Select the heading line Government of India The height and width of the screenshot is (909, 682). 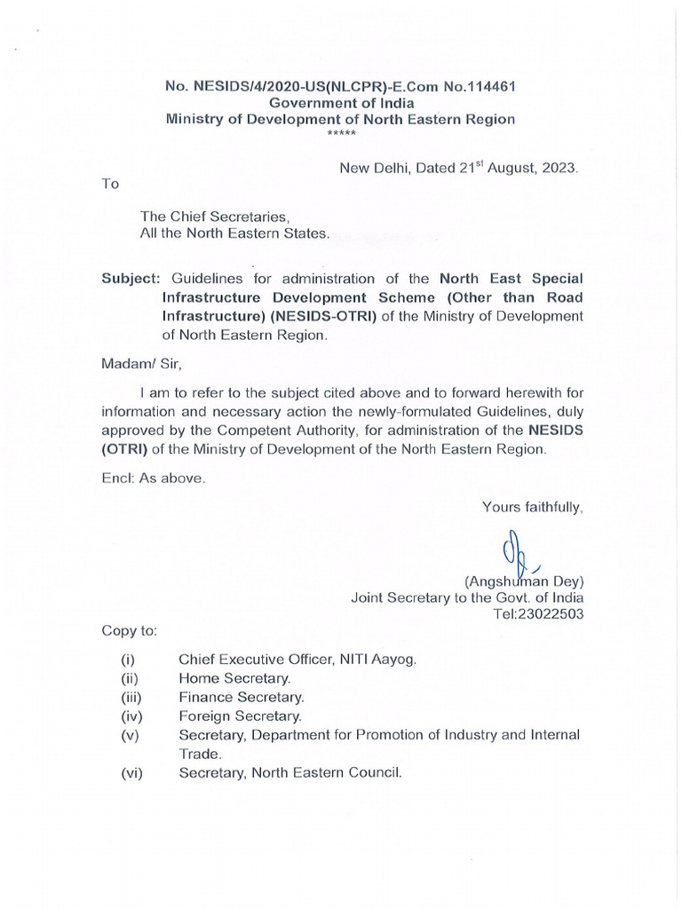(342, 103)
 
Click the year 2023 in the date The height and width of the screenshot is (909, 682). (558, 168)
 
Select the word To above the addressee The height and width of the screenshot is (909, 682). (110, 184)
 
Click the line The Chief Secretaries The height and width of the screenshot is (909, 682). (216, 217)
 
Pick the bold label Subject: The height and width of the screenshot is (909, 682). (130, 278)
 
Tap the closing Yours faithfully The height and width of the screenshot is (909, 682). (532, 507)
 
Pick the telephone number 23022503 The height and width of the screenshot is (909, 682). (551, 614)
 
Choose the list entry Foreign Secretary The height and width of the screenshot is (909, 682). (241, 715)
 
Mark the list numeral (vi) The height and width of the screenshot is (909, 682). (131, 773)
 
